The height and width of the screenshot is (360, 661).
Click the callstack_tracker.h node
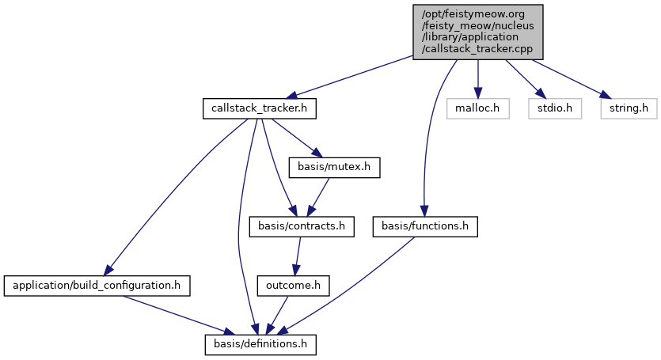259,108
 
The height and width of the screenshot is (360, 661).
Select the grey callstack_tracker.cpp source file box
477,30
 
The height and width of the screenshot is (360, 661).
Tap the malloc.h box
477,108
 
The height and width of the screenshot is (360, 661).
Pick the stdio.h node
545,108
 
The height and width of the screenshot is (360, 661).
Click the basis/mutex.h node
335,168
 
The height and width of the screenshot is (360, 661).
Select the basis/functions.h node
425,227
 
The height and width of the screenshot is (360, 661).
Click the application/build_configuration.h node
98,285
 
